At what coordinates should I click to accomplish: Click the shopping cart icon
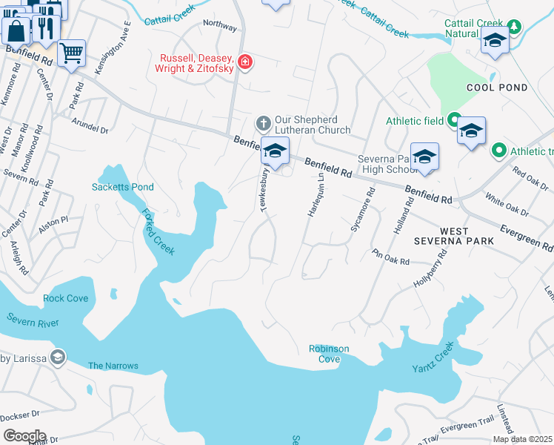pos(71,53)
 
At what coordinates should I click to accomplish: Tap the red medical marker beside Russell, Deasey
pos(244,63)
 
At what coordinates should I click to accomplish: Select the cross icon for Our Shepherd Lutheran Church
pos(262,122)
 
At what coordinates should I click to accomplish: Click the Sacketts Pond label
pos(123,187)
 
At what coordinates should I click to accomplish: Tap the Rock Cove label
pos(65,298)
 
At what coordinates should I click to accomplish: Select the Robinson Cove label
pos(329,354)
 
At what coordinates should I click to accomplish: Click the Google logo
pos(24,436)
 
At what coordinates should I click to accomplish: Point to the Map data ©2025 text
pos(522,439)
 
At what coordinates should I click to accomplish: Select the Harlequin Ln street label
pos(316,195)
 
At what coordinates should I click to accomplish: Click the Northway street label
pos(220,26)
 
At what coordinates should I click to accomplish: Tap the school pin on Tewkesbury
pos(274,151)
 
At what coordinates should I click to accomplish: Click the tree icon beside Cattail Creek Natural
pos(512,27)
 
